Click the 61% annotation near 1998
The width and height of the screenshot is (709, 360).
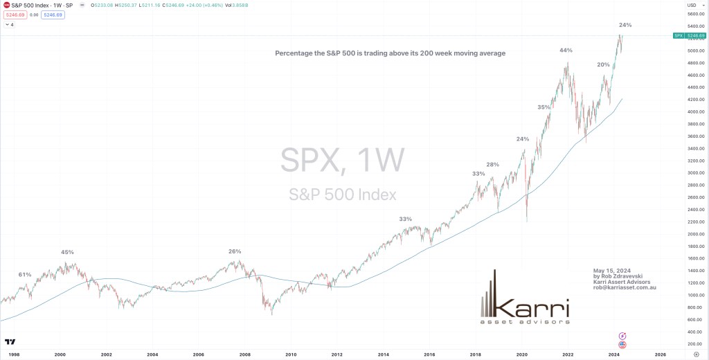(x=25, y=275)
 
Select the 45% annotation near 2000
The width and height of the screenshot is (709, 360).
(x=67, y=252)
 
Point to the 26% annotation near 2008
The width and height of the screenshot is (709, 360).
(x=235, y=251)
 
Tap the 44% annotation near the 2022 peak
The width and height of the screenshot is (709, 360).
(x=566, y=51)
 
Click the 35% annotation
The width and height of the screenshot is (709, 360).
(x=544, y=107)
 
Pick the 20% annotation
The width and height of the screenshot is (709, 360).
(x=603, y=64)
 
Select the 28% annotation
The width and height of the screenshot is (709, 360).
(x=492, y=165)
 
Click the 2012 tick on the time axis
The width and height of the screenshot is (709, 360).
(x=337, y=354)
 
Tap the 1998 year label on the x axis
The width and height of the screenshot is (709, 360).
(x=14, y=354)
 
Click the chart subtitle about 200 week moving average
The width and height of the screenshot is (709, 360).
(x=391, y=53)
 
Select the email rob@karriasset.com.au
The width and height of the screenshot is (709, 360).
(x=625, y=287)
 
